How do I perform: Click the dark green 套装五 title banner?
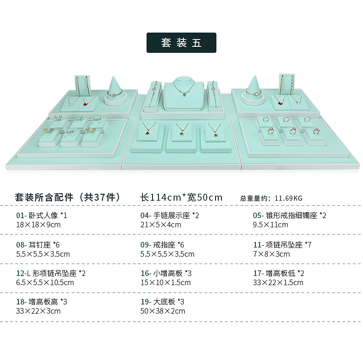pyautogui.click(x=181, y=43)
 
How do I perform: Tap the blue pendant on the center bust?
pyautogui.click(x=185, y=95)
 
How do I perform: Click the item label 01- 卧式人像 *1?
pyautogui.click(x=42, y=215)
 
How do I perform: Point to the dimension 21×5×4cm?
pyautogui.click(x=160, y=225)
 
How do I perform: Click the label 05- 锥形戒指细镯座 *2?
pyautogui.click(x=289, y=215)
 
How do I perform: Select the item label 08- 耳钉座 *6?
pyautogui.click(x=38, y=245)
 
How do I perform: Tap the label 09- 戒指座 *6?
pyautogui.click(x=162, y=245)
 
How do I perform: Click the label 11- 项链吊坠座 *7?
pyautogui.click(x=282, y=245)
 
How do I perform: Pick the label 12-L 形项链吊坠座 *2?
pyautogui.click(x=51, y=273)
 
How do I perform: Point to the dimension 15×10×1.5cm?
pyautogui.click(x=165, y=282)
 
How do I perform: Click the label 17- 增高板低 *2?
pyautogui.click(x=279, y=273)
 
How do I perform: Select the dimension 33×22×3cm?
pyautogui.click(x=38, y=311)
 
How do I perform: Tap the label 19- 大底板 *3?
pyautogui.click(x=162, y=302)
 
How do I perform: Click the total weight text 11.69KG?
pyautogui.click(x=289, y=198)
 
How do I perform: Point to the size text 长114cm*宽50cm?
pyautogui.click(x=181, y=197)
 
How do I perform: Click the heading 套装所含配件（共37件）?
pyautogui.click(x=68, y=197)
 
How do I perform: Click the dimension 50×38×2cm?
pyautogui.click(x=163, y=311)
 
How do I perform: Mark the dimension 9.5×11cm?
pyautogui.click(x=270, y=225)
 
